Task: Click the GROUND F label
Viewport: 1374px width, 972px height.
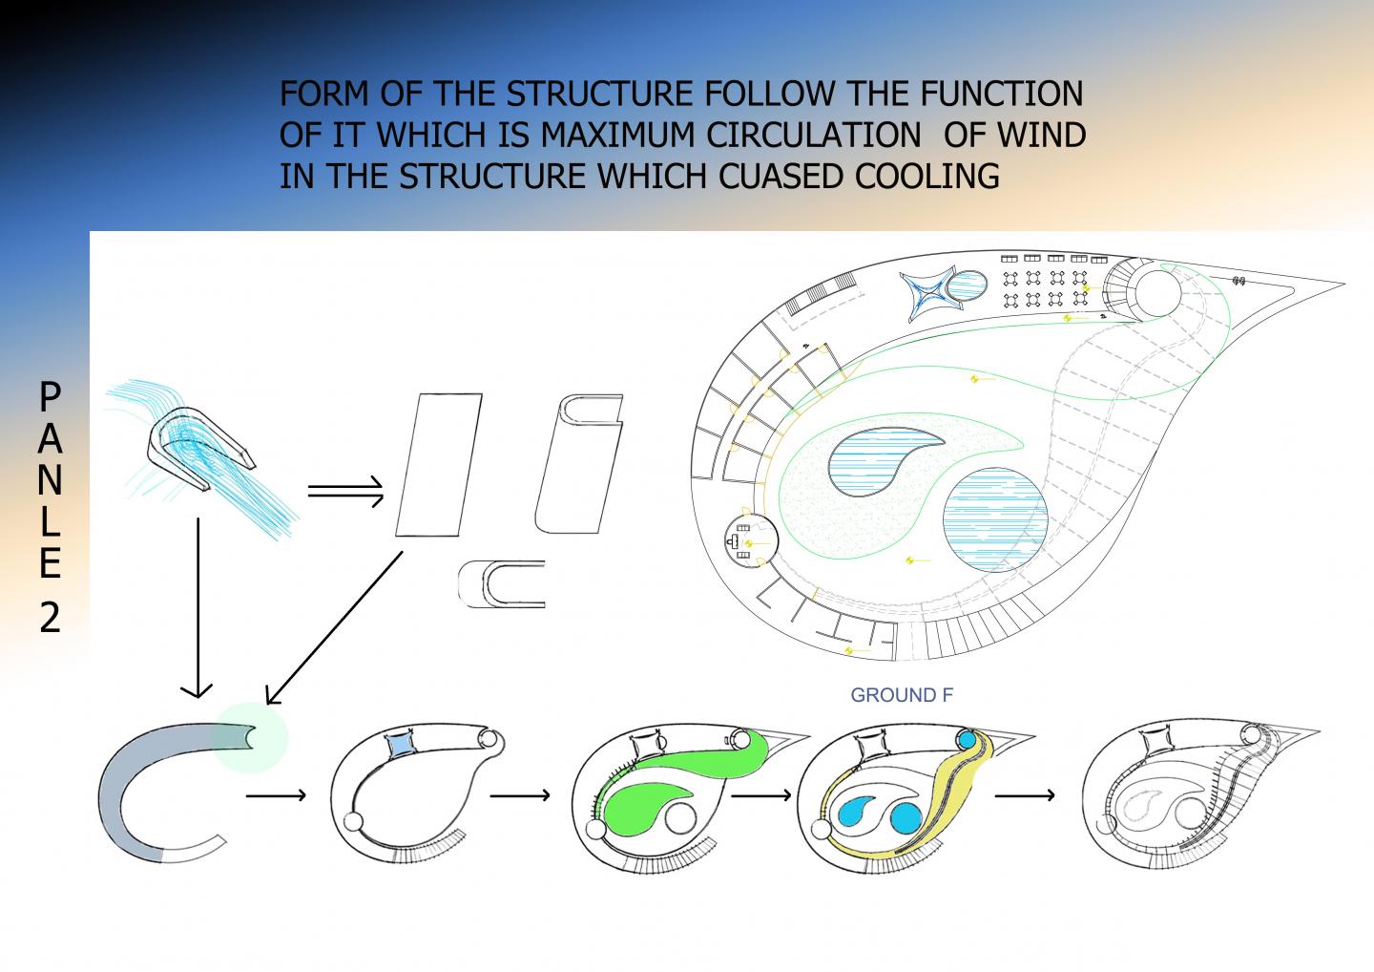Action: tap(901, 695)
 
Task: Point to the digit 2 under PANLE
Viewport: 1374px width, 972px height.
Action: tap(50, 619)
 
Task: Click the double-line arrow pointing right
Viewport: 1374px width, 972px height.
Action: tap(345, 493)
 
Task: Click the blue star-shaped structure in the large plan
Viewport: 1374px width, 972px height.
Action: tap(929, 290)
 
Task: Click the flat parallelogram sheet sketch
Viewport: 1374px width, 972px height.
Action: tap(438, 464)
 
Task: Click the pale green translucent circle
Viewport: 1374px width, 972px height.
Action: tap(250, 737)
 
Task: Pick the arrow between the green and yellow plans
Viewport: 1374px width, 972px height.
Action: tap(763, 794)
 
